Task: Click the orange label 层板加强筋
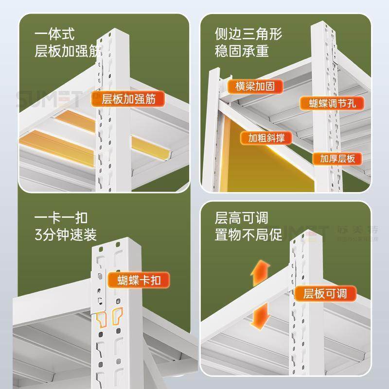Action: coord(128,99)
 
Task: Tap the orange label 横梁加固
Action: coord(254,86)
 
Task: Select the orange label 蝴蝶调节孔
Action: coord(330,103)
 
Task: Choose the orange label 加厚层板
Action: coord(337,158)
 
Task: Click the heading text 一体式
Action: coord(54,35)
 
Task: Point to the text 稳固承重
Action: coord(242,51)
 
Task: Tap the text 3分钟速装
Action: coord(66,235)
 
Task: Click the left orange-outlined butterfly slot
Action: coord(102,318)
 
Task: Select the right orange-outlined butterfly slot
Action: coord(117,317)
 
